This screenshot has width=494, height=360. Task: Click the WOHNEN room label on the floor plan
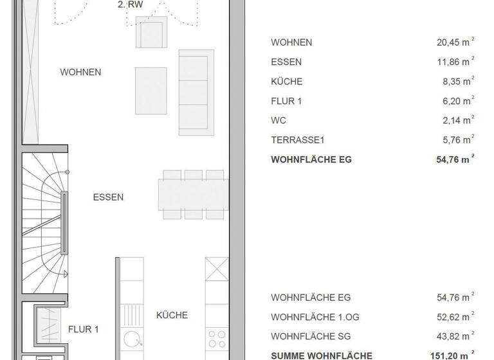pos(80,72)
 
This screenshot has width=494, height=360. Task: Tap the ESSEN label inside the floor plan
pos(108,197)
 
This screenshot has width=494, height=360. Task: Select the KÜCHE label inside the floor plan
pos(172,315)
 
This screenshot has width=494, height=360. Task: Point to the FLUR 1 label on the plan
pos(84,330)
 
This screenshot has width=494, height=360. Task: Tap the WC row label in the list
pos(279,120)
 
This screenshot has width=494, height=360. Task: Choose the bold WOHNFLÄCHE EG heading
pos(312,159)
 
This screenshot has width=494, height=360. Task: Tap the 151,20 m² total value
pos(450,355)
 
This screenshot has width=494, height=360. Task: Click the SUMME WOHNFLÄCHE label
pos(322,355)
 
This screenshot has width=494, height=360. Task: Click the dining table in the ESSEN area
pos(194,195)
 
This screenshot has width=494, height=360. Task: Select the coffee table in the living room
pos(151,91)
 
